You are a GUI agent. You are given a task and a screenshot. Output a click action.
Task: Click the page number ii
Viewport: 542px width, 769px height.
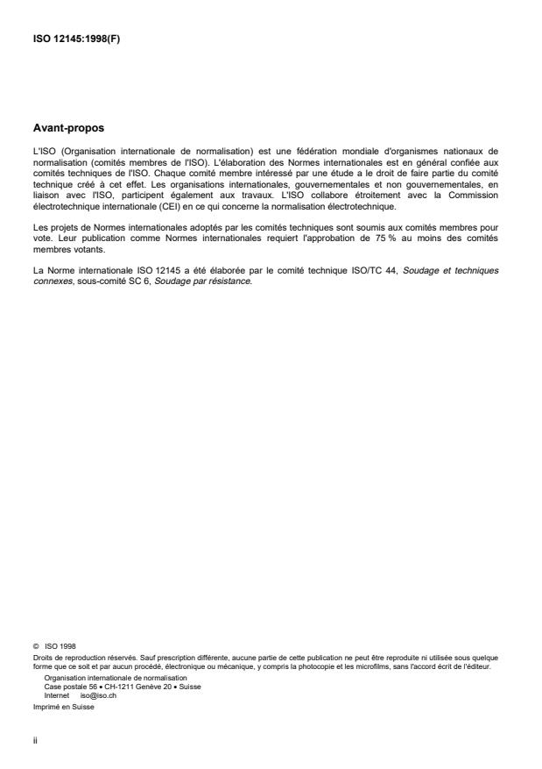[x=34, y=738]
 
